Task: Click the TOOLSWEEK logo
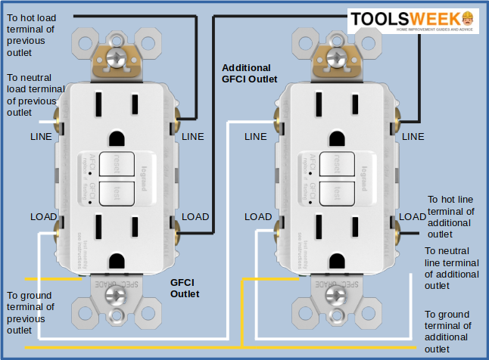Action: (413, 20)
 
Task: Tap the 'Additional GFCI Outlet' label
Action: (249, 73)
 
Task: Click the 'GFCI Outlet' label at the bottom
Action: (185, 288)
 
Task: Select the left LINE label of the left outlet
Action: (42, 137)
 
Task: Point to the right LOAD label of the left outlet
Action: (195, 216)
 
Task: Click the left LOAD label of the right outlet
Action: (258, 216)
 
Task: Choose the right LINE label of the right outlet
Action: (413, 137)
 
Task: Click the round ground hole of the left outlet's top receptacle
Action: (116, 139)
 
